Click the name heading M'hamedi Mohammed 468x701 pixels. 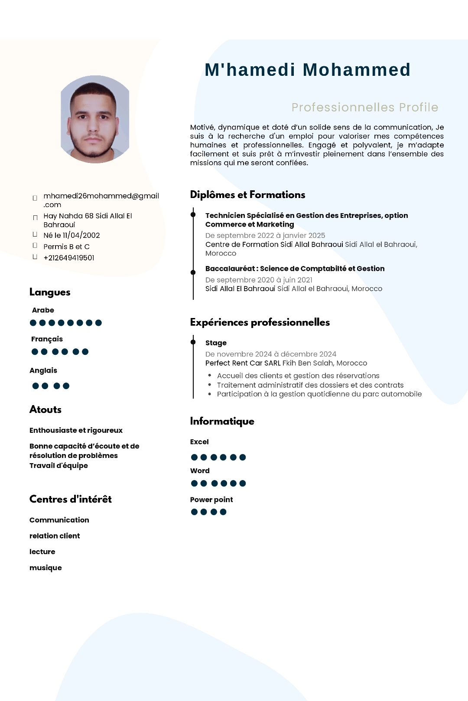307,70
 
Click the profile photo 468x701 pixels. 95,120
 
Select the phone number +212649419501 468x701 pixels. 69,258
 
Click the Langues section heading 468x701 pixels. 50,292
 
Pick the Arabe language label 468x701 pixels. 43,310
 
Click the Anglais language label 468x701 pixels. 43,370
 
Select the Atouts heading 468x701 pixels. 45,409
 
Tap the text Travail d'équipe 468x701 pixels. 58,466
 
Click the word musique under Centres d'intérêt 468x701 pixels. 45,568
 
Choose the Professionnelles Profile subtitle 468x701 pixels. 365,107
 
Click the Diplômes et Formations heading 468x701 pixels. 247,195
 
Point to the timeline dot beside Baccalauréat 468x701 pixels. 193,272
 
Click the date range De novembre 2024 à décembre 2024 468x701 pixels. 271,354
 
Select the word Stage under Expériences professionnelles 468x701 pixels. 216,343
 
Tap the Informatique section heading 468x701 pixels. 222,421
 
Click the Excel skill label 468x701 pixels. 199,442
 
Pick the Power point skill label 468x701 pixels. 211,500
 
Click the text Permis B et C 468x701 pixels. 66,247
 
